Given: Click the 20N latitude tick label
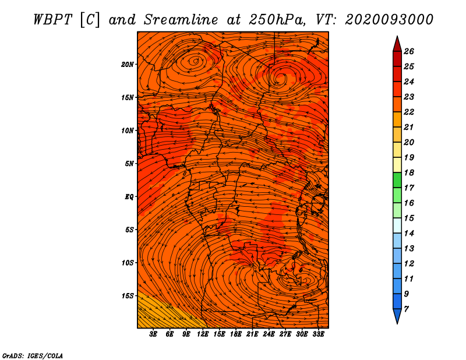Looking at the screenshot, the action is [127, 65].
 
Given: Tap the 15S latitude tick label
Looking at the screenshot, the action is [127, 296].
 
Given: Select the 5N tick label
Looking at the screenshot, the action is [129, 164].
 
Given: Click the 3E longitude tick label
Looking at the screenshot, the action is [153, 334].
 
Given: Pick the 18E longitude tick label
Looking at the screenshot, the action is [236, 334].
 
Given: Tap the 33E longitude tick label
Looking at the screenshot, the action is [318, 334].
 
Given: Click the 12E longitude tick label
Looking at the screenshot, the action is [203, 334].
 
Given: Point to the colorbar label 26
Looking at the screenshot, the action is [409, 51].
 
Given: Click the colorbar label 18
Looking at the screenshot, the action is [409, 172].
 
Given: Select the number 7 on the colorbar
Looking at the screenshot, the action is [406, 309].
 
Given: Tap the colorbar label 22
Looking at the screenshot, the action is [409, 112].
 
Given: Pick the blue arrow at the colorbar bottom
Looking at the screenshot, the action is [397, 315].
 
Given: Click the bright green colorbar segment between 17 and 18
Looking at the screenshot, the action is [397, 180].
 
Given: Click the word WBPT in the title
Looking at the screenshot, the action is [52, 20].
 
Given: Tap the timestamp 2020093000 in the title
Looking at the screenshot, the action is [389, 20].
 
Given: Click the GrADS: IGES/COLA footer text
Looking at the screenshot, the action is [33, 355].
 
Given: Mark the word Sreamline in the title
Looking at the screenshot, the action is [181, 20].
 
